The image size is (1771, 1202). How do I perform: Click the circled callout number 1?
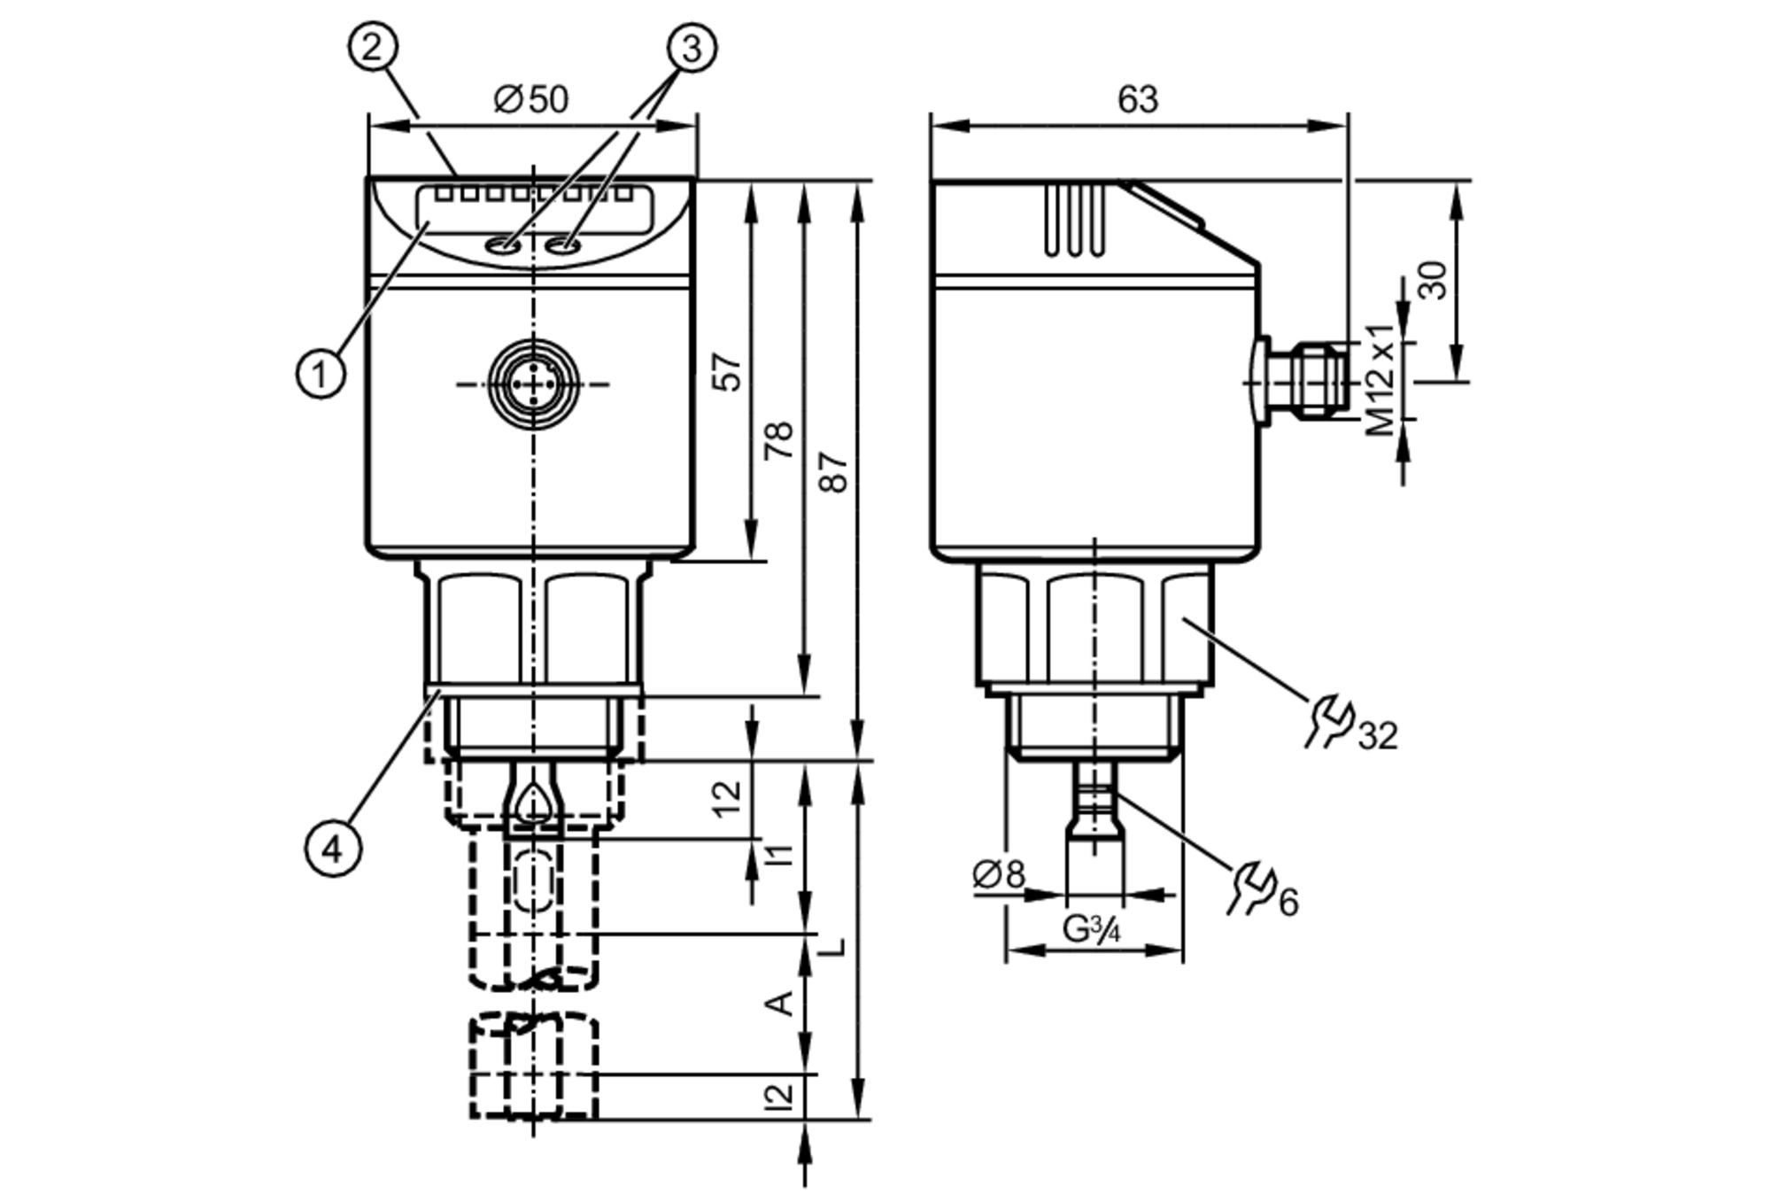pyautogui.click(x=321, y=373)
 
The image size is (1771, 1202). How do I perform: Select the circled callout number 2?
pyautogui.click(x=373, y=46)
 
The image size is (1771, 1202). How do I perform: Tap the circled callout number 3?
pyautogui.click(x=692, y=48)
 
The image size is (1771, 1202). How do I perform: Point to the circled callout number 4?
pyautogui.click(x=333, y=849)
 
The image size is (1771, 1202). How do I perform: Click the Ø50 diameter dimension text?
pyautogui.click(x=531, y=99)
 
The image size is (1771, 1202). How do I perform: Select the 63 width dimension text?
pyautogui.click(x=1137, y=100)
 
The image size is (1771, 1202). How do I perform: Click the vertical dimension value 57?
pyautogui.click(x=726, y=371)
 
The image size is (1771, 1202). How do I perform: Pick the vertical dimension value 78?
pyautogui.click(x=779, y=440)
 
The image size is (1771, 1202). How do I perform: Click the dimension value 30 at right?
pyautogui.click(x=1432, y=280)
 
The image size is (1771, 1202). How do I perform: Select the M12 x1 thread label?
pyautogui.click(x=1380, y=381)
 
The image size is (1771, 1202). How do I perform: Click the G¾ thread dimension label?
pyautogui.click(x=1092, y=929)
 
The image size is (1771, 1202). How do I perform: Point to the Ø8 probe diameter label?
pyautogui.click(x=998, y=874)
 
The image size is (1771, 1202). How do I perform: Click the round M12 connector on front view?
pyautogui.click(x=534, y=384)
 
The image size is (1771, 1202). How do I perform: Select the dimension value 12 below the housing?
pyautogui.click(x=726, y=798)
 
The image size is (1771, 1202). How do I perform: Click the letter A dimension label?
pyautogui.click(x=779, y=1003)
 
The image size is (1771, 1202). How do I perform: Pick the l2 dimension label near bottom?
pyautogui.click(x=779, y=1096)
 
